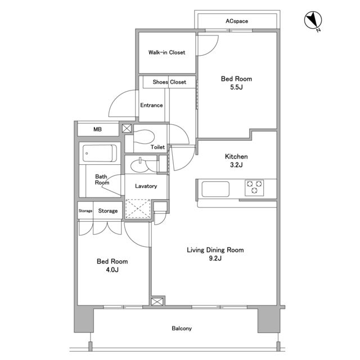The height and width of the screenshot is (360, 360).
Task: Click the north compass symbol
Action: pyautogui.click(x=313, y=20)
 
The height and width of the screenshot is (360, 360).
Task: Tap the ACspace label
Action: pyautogui.click(x=237, y=21)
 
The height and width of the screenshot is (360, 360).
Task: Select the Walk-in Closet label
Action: pyautogui.click(x=166, y=52)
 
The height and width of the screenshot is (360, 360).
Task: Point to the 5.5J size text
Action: pyautogui.click(x=236, y=87)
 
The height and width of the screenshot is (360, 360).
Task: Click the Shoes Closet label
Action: pyautogui.click(x=169, y=82)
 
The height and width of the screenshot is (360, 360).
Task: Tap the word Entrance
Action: pyautogui.click(x=151, y=105)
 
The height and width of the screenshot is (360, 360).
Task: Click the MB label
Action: pyautogui.click(x=97, y=129)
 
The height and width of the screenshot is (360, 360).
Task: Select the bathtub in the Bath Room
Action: pyautogui.click(x=100, y=153)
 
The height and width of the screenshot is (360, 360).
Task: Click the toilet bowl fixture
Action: pyautogui.click(x=143, y=137)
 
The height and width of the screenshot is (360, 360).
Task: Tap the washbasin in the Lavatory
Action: pyautogui.click(x=140, y=166)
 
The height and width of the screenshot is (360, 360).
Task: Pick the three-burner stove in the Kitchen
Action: pyautogui.click(x=254, y=187)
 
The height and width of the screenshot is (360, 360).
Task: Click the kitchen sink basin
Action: pyautogui.click(x=215, y=189)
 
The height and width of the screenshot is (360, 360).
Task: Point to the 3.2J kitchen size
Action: pyautogui.click(x=236, y=165)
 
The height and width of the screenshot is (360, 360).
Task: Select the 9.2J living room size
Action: pyautogui.click(x=215, y=258)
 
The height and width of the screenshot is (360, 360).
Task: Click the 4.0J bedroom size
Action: pyautogui.click(x=112, y=270)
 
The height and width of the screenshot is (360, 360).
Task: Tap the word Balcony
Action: pyautogui.click(x=182, y=328)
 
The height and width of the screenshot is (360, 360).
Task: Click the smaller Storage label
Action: pyautogui.click(x=85, y=211)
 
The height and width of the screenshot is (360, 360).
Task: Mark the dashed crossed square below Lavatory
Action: pyautogui.click(x=138, y=209)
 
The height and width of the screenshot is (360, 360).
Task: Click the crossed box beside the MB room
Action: pyautogui.click(x=127, y=128)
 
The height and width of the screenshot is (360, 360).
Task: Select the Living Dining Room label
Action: pyautogui.click(x=215, y=250)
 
